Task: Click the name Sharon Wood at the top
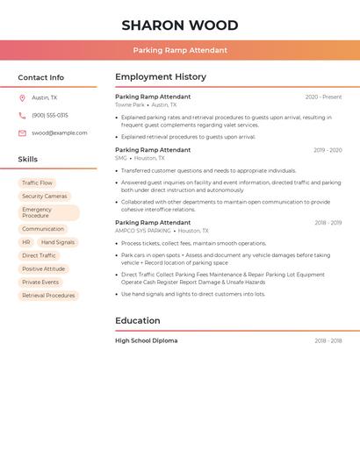(x=180, y=25)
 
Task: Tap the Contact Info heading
(x=40, y=77)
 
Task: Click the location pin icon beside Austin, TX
(x=22, y=98)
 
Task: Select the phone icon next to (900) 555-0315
(x=22, y=115)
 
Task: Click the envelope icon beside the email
(x=22, y=133)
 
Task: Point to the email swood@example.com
(x=60, y=133)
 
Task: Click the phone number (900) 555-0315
(x=50, y=115)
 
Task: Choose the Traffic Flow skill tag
(x=37, y=182)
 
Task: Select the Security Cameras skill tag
(x=44, y=197)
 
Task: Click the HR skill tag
(x=26, y=242)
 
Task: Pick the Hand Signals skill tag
(x=58, y=242)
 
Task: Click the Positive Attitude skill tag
(x=43, y=268)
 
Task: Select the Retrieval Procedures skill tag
(x=48, y=296)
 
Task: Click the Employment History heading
(x=161, y=77)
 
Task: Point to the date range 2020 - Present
(x=323, y=97)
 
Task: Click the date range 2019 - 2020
(x=328, y=150)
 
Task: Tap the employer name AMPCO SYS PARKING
(x=142, y=231)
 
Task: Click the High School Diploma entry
(x=146, y=340)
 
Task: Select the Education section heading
(x=137, y=321)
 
